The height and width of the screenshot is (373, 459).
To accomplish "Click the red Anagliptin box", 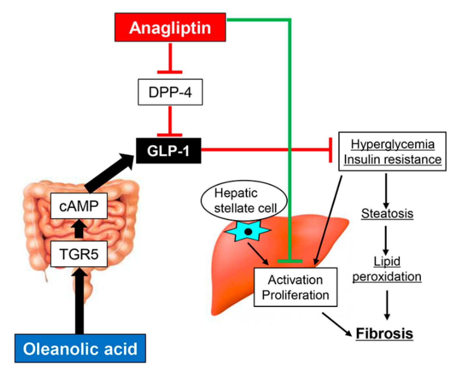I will click(170, 27).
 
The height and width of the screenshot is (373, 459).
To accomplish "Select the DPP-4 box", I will click(170, 92).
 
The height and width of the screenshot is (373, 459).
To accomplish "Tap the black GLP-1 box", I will click(168, 151).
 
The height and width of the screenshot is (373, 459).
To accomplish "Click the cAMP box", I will click(79, 206).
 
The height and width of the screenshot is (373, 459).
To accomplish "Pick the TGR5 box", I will click(79, 254).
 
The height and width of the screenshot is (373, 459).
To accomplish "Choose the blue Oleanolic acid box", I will click(80, 348).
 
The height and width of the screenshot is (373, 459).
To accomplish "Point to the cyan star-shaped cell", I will click(248, 231).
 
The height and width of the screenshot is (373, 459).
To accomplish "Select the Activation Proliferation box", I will click(295, 287).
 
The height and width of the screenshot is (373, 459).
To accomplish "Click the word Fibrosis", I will click(384, 333).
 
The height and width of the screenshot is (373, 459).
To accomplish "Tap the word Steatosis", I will click(387, 214).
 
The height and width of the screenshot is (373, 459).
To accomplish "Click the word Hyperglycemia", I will click(392, 144).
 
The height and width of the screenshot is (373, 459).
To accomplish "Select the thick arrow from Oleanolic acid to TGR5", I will click(79, 301).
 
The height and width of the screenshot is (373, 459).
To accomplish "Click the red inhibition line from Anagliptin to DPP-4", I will click(170, 58).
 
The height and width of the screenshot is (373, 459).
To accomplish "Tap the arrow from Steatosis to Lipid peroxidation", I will click(386, 240).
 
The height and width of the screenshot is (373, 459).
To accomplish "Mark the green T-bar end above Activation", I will click(290, 261).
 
